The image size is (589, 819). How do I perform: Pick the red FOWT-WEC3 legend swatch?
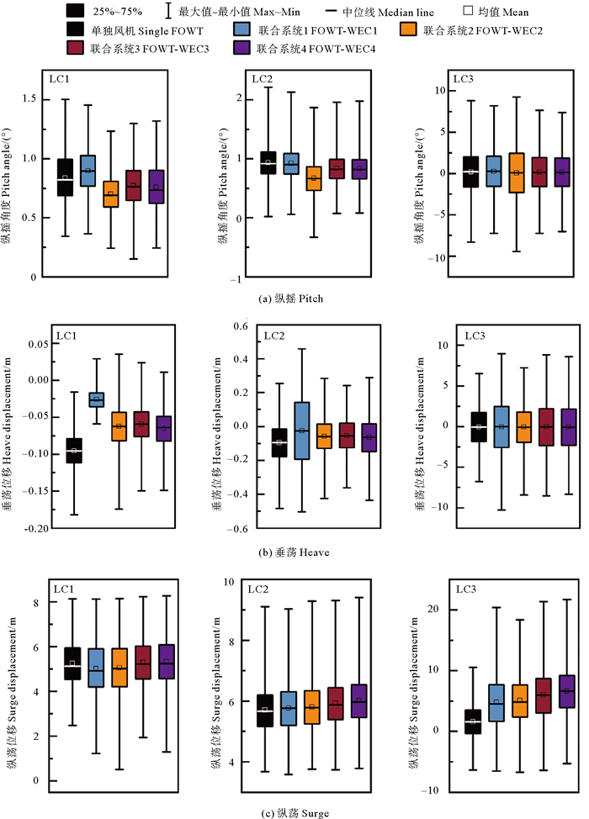75,47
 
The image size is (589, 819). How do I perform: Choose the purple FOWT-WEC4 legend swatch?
242,47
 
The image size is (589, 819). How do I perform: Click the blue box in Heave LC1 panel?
97,399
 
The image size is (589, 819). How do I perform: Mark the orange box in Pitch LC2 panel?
313,178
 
